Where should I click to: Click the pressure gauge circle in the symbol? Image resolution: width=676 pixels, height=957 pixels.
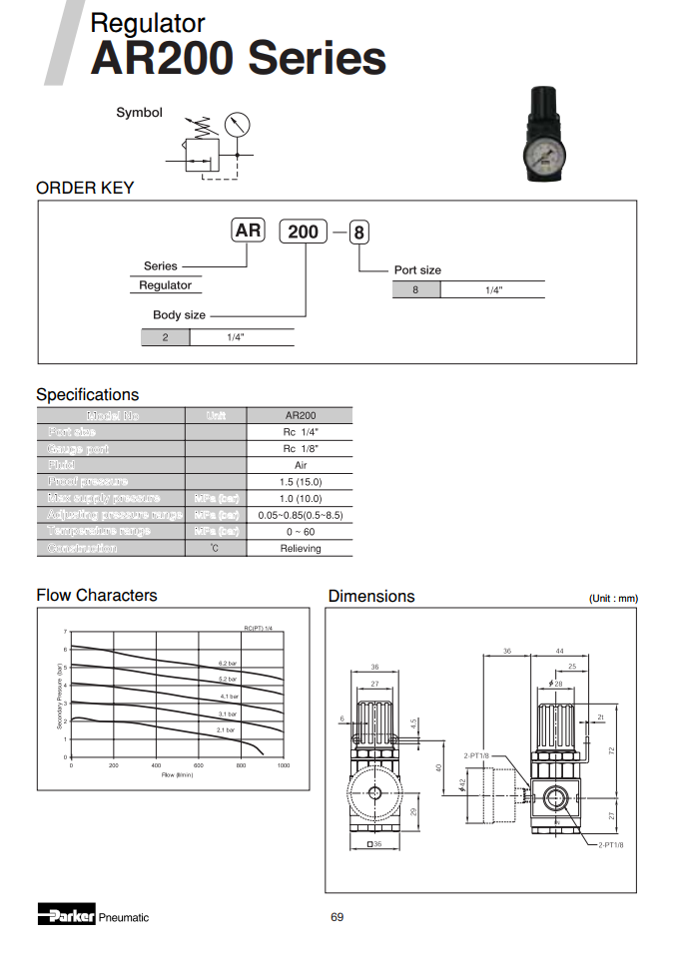237,126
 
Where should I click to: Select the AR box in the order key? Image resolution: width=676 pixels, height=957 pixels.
248,231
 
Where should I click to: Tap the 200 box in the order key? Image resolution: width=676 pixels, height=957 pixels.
303,232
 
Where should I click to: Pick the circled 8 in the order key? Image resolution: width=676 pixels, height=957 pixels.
359,234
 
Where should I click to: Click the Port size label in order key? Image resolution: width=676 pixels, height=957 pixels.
417,270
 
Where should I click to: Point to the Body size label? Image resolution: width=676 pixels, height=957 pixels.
179,315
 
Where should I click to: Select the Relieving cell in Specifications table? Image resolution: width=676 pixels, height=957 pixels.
300,549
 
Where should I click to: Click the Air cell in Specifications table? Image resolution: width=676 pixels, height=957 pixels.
300,465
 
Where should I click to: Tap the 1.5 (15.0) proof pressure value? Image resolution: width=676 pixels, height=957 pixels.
300,482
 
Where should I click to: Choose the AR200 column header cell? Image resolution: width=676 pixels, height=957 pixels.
300,415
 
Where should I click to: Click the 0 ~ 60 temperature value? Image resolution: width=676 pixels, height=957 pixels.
300,532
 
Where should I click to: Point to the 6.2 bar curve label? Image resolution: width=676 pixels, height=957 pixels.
228,663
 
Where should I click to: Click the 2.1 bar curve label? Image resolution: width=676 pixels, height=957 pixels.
226,730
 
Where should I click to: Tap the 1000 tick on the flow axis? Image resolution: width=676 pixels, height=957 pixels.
284,765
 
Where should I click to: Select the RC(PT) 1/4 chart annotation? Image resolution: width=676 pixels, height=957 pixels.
259,627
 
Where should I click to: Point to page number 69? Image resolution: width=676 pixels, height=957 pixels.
338,917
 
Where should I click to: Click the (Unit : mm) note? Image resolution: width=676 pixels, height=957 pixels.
613,599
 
